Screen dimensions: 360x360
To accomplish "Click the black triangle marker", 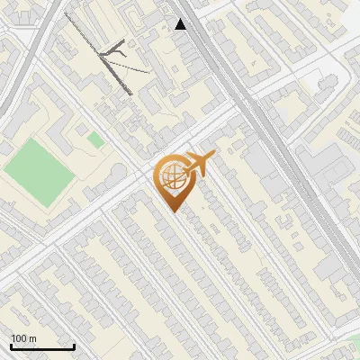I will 181,24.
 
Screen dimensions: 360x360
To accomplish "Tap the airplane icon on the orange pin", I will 200,164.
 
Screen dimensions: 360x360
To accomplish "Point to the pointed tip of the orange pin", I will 173,211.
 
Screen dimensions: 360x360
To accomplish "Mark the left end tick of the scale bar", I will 11,346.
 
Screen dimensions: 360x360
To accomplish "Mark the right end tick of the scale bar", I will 74,346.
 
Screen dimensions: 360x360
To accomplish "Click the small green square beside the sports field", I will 94,139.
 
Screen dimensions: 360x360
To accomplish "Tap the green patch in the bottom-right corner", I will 355,342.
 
